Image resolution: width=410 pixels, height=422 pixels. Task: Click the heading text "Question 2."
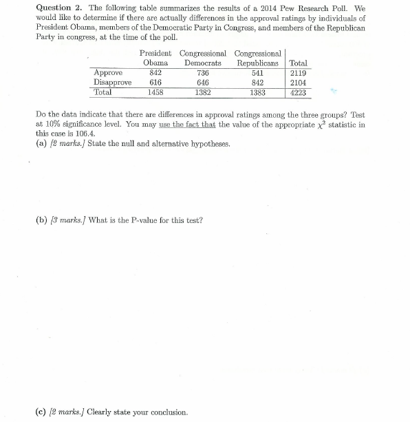point(54,8)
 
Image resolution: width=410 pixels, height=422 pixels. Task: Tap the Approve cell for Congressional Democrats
point(202,72)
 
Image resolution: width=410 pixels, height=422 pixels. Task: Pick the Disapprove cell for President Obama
point(155,81)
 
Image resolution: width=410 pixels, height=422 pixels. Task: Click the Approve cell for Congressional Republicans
point(257,72)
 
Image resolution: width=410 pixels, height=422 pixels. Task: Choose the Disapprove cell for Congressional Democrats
point(202,81)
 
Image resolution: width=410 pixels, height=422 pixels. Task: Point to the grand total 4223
point(299,91)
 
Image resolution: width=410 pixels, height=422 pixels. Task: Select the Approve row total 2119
point(299,72)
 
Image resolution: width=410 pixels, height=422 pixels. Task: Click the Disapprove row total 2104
point(299,81)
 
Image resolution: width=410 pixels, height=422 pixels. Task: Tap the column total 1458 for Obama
point(155,91)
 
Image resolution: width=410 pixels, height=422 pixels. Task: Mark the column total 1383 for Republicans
point(257,91)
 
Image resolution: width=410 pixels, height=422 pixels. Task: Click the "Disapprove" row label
point(111,81)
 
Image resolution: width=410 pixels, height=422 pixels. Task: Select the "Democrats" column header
point(202,63)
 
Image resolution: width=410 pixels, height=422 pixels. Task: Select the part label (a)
point(39,143)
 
